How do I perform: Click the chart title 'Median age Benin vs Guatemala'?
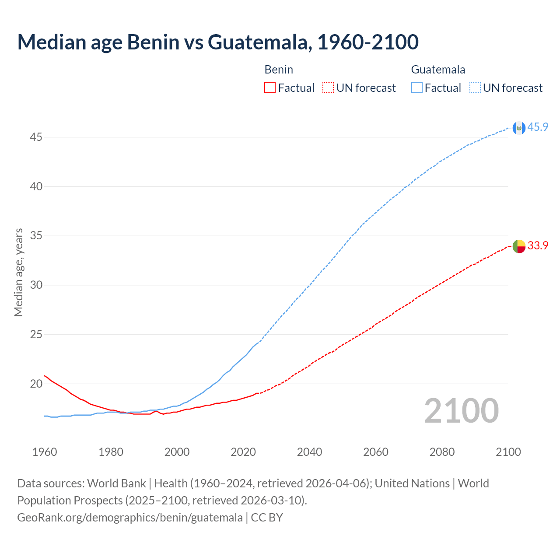click(x=218, y=42)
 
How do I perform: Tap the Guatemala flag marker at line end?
click(x=519, y=128)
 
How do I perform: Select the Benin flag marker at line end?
click(x=519, y=246)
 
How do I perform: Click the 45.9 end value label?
click(x=538, y=127)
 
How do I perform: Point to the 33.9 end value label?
click(x=538, y=246)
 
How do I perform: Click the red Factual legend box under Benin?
click(x=270, y=88)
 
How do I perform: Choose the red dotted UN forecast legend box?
click(x=328, y=88)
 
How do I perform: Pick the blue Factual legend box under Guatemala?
click(x=416, y=88)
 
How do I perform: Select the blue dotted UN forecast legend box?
click(x=475, y=88)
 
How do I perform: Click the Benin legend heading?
click(x=279, y=70)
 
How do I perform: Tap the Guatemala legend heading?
click(x=438, y=70)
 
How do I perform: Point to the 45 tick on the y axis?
click(x=36, y=137)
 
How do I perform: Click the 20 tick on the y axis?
click(x=36, y=384)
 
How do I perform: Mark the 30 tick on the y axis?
click(x=36, y=285)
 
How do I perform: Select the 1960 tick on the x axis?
click(x=45, y=452)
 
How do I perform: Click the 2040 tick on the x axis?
click(x=309, y=452)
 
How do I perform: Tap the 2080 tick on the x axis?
click(x=442, y=452)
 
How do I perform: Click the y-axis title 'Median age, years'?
click(x=18, y=272)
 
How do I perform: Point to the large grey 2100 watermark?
click(x=461, y=410)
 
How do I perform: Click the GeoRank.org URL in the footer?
click(x=129, y=518)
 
